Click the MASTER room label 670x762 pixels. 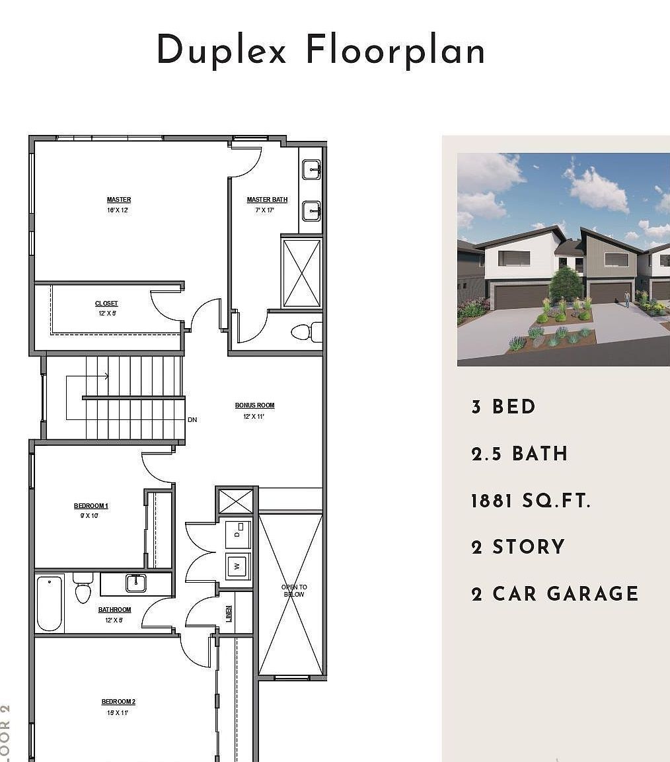pos(119,200)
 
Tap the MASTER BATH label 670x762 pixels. pos(267,200)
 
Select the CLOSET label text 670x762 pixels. pos(106,304)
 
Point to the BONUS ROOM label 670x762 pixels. pos(254,405)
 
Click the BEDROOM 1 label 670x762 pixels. pos(91,506)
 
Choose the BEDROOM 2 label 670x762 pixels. pos(118,702)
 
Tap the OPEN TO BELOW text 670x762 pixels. pos(294,591)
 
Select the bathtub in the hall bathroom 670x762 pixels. pos(49,603)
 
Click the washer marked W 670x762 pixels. pos(238,566)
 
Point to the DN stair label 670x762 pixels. pos(192,420)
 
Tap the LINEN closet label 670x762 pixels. pos(229,613)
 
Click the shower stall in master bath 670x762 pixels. pos(301,273)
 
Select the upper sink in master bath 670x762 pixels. pos(311,170)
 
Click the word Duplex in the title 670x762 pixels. pos(221,51)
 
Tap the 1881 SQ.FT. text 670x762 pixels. pos(530,501)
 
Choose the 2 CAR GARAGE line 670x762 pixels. pos(555,593)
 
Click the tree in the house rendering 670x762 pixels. pos(566,283)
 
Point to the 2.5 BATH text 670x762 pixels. pos(519,454)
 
